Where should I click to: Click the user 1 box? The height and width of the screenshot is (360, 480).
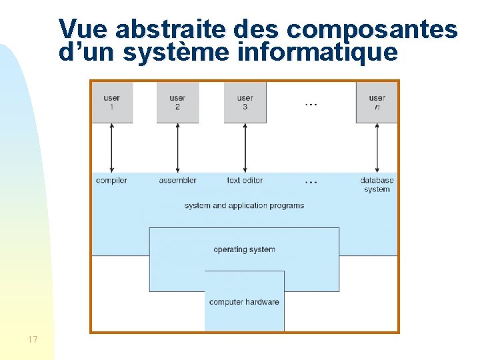tap(112, 103)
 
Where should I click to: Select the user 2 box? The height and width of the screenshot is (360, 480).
tap(177, 103)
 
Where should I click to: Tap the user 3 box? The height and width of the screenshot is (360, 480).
tap(245, 103)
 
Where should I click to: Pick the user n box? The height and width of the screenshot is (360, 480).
tap(377, 103)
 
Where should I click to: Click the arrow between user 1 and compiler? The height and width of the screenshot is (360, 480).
tap(112, 148)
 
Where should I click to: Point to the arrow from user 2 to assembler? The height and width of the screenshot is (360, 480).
tap(177, 148)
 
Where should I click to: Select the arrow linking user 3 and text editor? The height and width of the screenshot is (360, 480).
tap(245, 148)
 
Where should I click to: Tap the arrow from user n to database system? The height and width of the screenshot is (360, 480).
tap(377, 148)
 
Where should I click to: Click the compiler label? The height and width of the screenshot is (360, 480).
tap(111, 181)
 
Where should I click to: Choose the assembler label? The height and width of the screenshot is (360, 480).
tap(177, 181)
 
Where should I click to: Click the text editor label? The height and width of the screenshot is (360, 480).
tap(245, 181)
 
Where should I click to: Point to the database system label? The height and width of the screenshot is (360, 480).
tap(377, 185)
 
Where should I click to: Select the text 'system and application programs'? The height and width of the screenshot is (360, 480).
tap(244, 205)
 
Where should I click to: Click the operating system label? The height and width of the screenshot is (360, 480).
tap(244, 249)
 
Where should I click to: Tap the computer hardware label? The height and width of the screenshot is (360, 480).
tap(244, 302)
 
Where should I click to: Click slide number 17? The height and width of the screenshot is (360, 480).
tap(33, 340)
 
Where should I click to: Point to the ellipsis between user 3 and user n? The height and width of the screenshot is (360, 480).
tap(311, 104)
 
